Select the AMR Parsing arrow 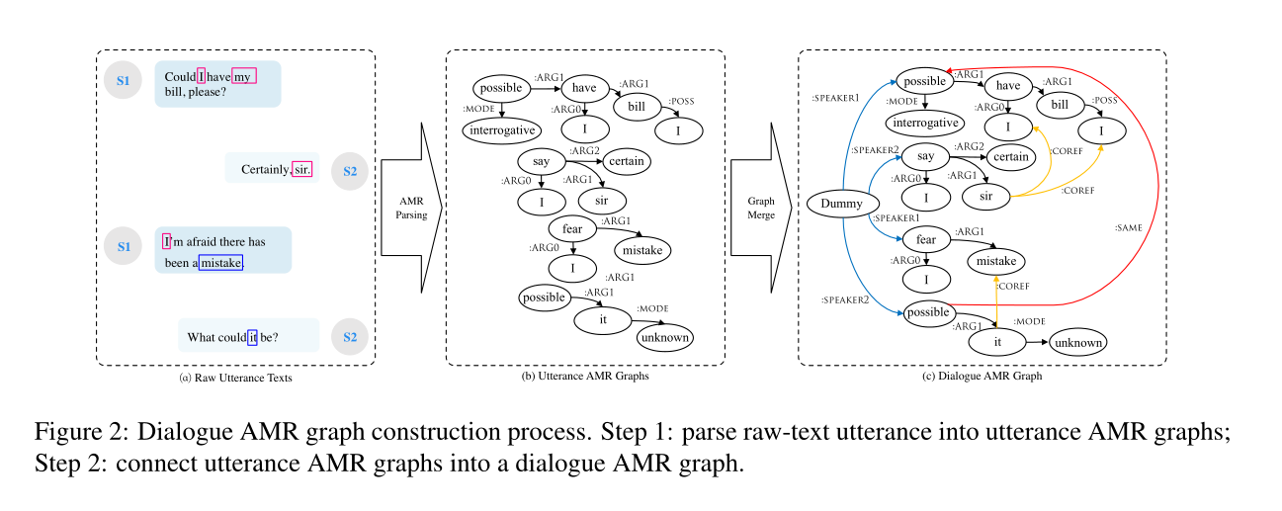tap(409, 208)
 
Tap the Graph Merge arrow tap(760, 208)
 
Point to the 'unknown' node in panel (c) tap(1076, 343)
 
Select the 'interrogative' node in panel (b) tap(501, 128)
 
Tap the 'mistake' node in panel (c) tap(996, 261)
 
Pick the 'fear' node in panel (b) tap(573, 229)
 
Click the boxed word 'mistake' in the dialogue tap(220, 262)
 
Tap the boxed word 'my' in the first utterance tap(244, 76)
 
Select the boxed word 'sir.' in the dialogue tap(302, 169)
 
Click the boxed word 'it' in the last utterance tap(252, 337)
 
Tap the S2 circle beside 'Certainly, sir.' tap(350, 171)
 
